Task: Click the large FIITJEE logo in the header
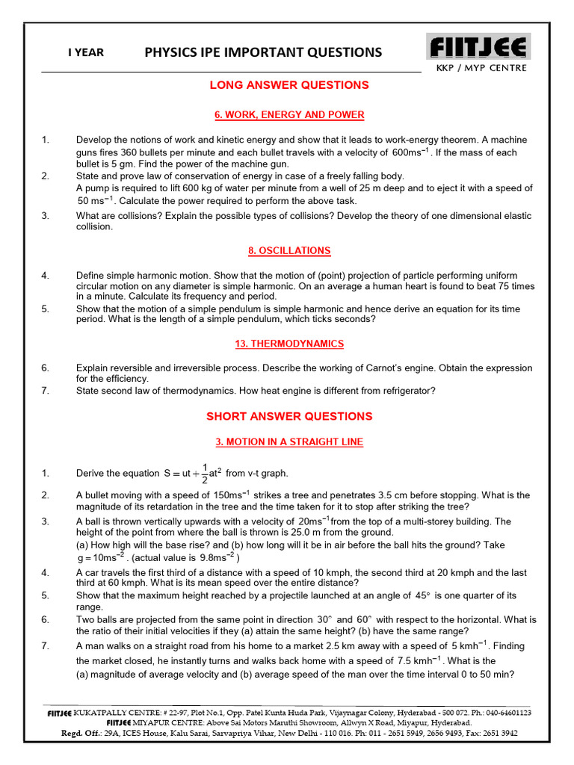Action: (x=479, y=47)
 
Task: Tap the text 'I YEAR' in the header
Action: (x=86, y=52)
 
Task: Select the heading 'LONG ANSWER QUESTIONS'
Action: (x=289, y=85)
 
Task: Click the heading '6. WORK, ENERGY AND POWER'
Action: (x=289, y=115)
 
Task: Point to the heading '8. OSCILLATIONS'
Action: (x=289, y=251)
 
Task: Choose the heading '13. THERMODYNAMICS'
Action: (x=289, y=344)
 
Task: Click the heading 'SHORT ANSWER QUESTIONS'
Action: (x=289, y=416)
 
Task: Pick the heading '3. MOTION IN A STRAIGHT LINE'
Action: (x=289, y=442)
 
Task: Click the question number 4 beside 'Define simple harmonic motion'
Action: (x=46, y=276)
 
